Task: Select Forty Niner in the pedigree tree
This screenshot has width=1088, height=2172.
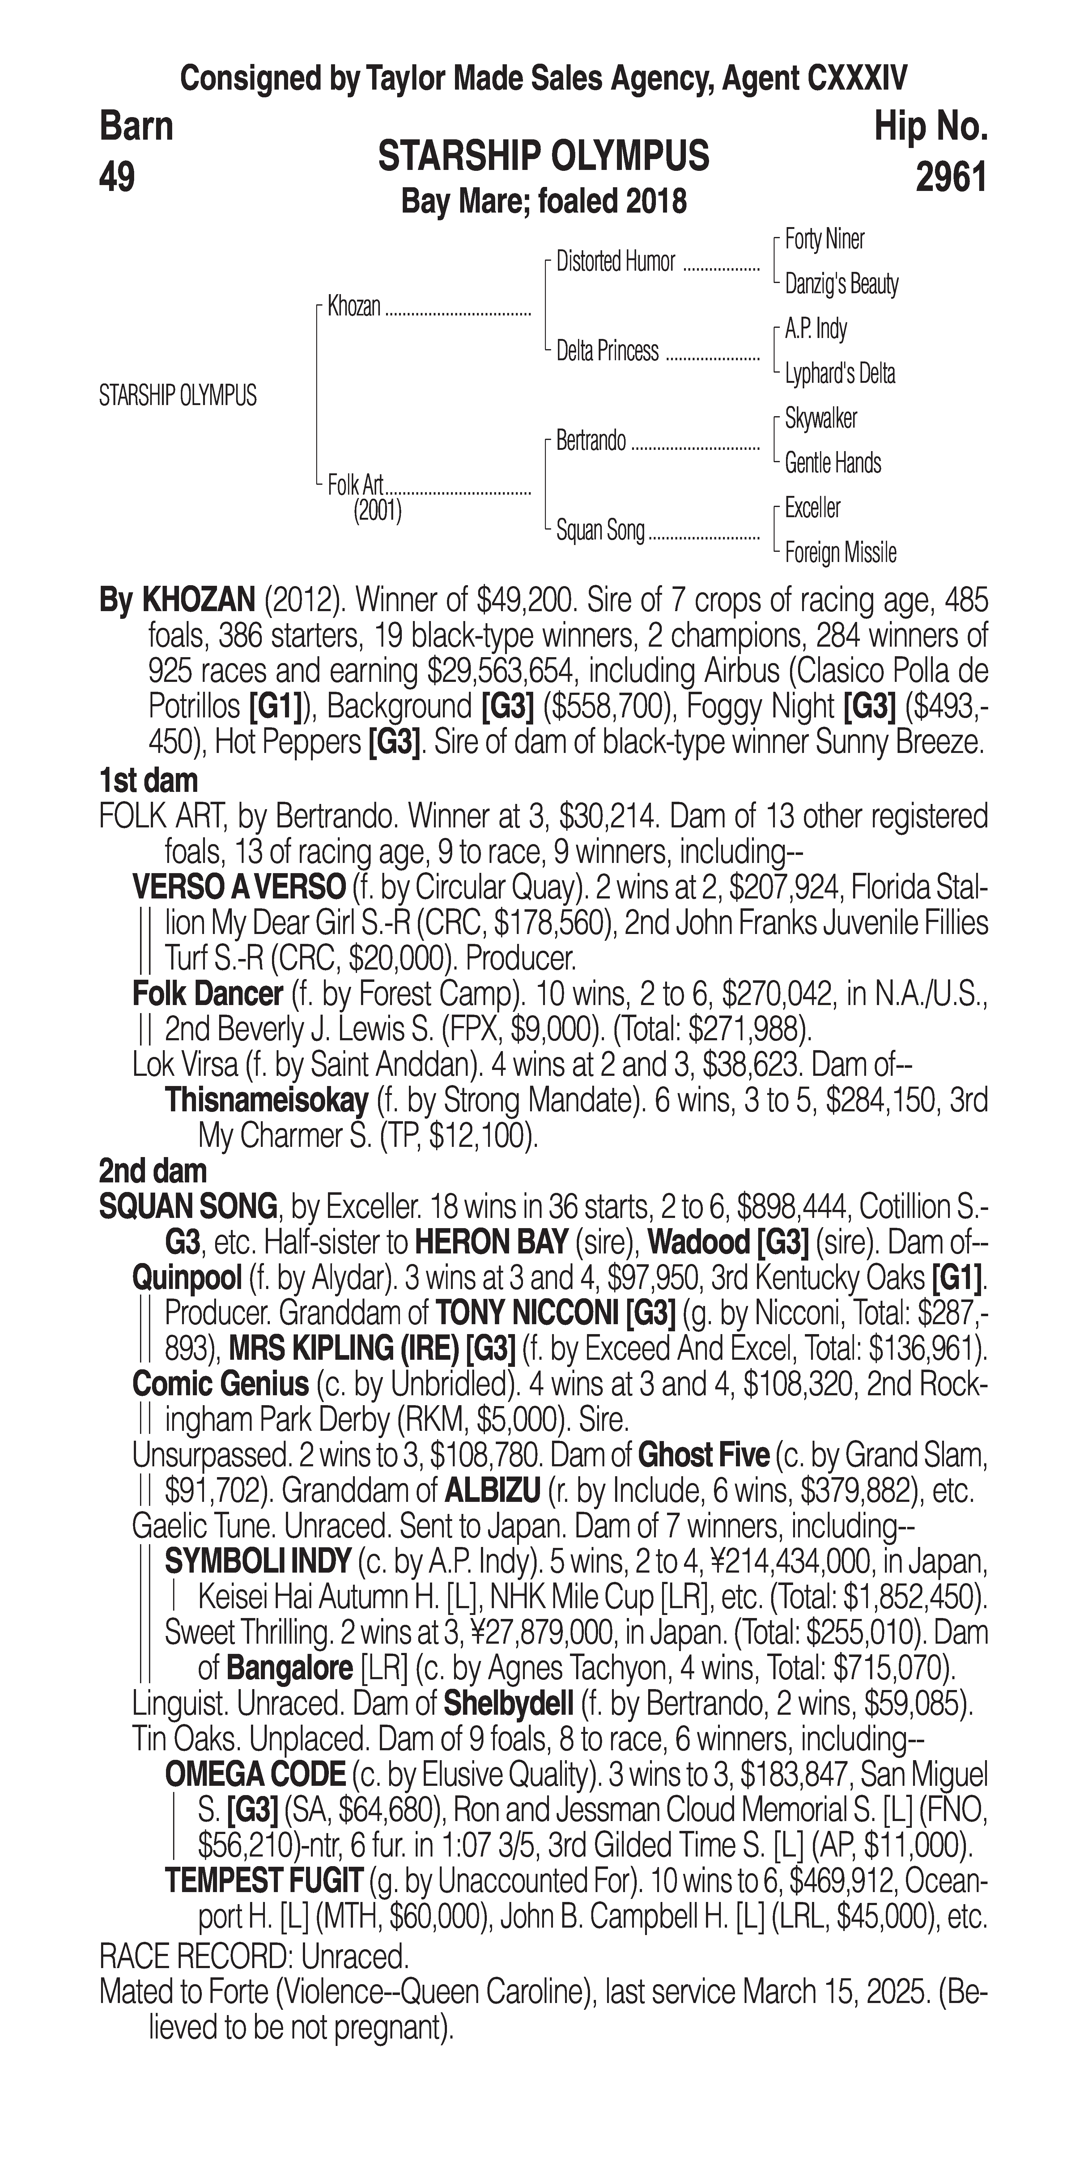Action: [x=824, y=239]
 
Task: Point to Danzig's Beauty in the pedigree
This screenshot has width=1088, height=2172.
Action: [x=841, y=284]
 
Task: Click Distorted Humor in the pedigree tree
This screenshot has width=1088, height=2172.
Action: [x=616, y=262]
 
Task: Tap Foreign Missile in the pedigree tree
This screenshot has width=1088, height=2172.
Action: [x=840, y=553]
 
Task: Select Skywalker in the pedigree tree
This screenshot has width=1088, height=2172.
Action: [x=821, y=418]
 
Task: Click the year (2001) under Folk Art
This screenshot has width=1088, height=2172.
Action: [x=377, y=511]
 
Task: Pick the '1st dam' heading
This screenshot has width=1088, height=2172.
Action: [x=148, y=780]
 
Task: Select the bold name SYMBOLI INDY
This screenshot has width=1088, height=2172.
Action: [x=257, y=1561]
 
